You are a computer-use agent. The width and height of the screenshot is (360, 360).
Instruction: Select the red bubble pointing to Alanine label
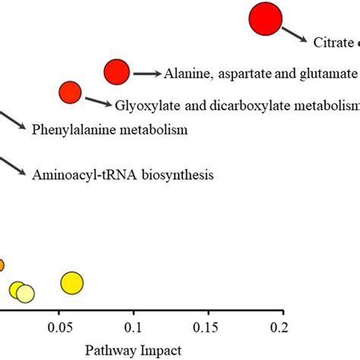point(118,72)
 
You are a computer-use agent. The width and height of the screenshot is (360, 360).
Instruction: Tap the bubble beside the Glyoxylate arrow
point(70,93)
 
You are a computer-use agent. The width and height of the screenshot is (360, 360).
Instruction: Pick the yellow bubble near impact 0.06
point(71,283)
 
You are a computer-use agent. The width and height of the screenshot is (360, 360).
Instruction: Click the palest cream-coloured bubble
point(25,294)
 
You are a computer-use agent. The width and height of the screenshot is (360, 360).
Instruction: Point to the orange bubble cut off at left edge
point(1,265)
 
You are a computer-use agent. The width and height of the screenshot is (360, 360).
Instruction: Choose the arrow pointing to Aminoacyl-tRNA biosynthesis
point(12,166)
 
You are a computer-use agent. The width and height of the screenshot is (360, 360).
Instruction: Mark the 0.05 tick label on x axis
point(61,327)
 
